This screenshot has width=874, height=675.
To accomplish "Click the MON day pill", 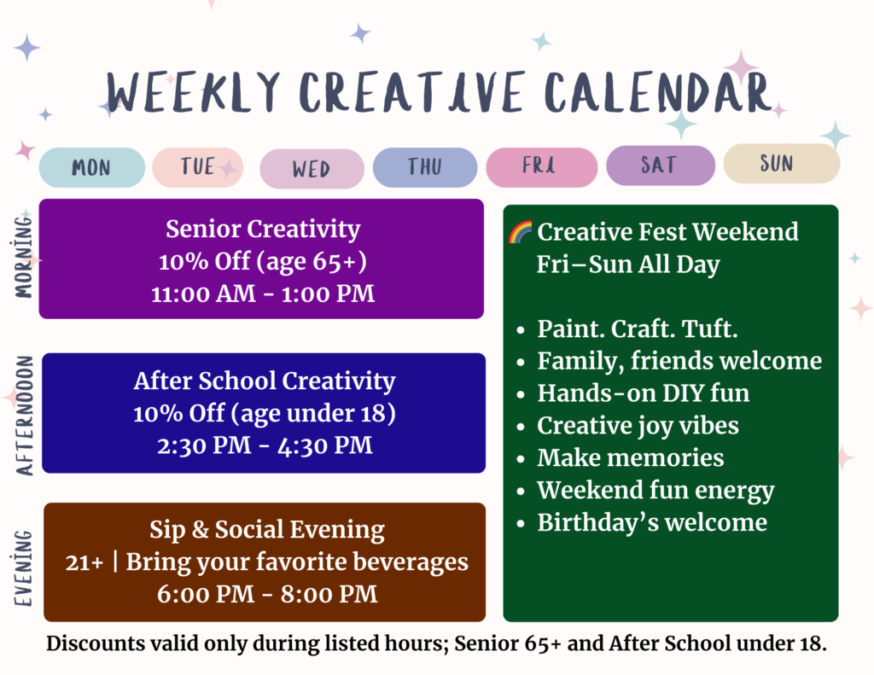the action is pos(92,167).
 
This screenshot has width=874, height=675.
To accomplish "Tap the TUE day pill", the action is pos(198,166).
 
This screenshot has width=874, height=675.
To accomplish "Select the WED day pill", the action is pos(312,168).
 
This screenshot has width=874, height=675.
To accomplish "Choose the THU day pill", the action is pos(425,166).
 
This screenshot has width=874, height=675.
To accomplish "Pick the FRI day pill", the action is pos(541,166).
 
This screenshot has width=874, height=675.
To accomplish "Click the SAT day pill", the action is pos(661,165).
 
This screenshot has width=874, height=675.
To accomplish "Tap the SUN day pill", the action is pos(782,163).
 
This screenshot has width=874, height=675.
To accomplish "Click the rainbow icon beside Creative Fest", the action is pos(520,232).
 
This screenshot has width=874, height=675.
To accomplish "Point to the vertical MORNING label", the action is pos(23,257).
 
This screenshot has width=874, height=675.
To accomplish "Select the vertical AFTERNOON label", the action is pos(25,416).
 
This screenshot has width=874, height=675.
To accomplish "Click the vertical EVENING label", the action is pos(23,567).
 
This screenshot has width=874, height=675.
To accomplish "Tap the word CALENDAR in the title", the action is pos(658,92).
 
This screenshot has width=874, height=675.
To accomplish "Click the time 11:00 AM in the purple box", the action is pos(203,294).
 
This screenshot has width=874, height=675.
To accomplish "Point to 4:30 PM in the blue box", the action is pos(324,445).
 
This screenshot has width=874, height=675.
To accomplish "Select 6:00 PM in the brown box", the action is pos(205,594).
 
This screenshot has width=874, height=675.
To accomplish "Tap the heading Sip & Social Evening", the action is pos(267,530).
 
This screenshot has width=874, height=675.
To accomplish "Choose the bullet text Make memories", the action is pos(631,457).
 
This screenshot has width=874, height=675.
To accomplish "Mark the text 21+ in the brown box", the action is pos(84,562).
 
